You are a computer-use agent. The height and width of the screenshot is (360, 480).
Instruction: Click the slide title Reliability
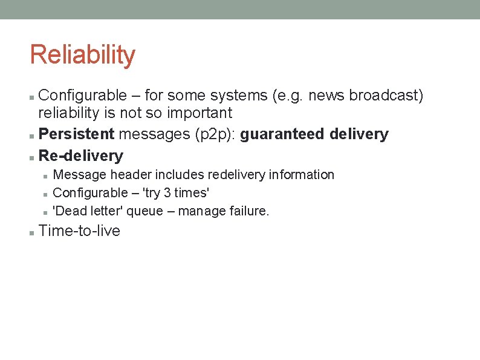pyautogui.click(x=82, y=54)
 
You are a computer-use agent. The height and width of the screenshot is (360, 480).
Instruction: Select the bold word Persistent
pyautogui.click(x=76, y=134)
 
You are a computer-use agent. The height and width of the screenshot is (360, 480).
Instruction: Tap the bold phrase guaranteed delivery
pyautogui.click(x=314, y=134)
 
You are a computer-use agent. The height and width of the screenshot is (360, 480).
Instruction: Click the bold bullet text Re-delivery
pyautogui.click(x=80, y=155)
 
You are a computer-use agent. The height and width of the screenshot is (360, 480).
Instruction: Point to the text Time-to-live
pyautogui.click(x=79, y=231)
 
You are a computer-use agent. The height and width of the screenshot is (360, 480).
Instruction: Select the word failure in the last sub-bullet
pyautogui.click(x=248, y=211)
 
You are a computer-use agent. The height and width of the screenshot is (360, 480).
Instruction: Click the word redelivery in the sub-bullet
pyautogui.click(x=236, y=175)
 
